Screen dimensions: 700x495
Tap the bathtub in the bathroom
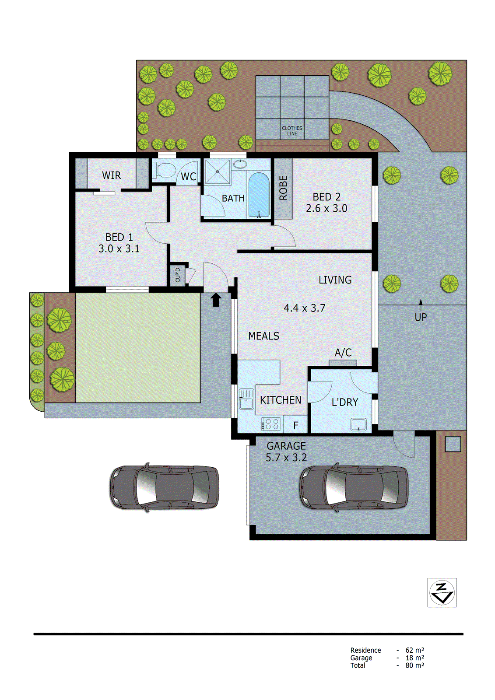[x=258, y=195]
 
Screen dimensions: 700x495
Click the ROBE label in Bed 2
[x=283, y=188]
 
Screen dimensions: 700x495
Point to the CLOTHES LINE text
[x=292, y=131]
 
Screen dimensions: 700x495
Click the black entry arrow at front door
[x=216, y=300]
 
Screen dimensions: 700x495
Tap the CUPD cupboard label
[x=177, y=275]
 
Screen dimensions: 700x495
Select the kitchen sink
[x=246, y=399]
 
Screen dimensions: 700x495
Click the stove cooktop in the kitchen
[x=271, y=424]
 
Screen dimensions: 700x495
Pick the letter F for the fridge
[x=296, y=425]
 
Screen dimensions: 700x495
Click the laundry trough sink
[x=358, y=424]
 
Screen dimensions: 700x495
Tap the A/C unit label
[x=343, y=353]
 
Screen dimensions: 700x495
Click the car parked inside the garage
[x=354, y=487]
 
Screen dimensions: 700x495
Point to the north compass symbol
[x=442, y=592]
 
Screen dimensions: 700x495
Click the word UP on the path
[x=421, y=317]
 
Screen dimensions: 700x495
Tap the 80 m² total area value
[x=414, y=665]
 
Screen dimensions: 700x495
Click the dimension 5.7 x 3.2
[x=286, y=458]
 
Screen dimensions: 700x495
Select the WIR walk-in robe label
[x=112, y=175]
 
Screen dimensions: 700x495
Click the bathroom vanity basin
[x=239, y=164]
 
